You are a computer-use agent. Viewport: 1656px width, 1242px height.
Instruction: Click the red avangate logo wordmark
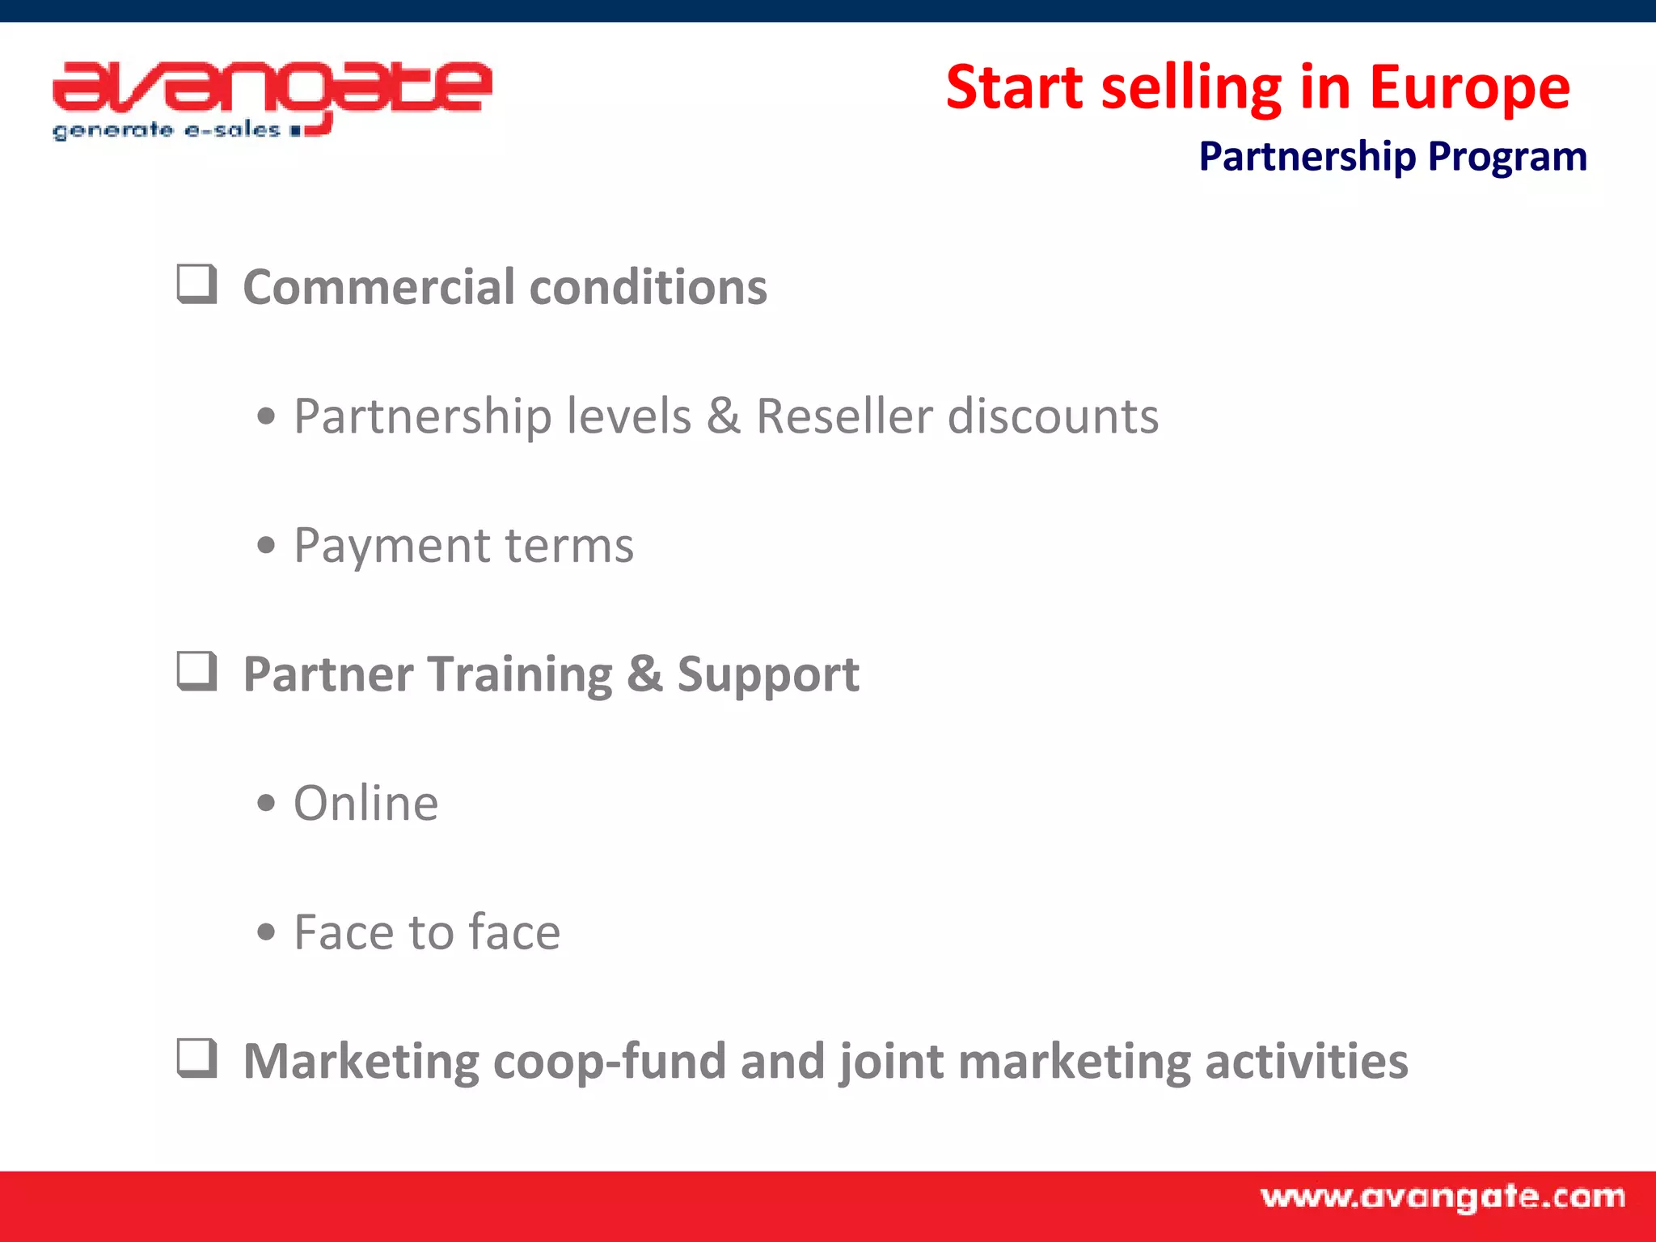coord(272,87)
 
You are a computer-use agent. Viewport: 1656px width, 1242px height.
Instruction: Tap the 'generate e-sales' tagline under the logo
coord(167,131)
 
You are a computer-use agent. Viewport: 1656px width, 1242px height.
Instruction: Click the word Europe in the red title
coord(1469,87)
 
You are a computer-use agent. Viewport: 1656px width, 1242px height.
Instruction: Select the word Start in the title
coord(1014,87)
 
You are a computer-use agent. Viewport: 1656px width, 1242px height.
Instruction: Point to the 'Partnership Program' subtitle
coord(1392,156)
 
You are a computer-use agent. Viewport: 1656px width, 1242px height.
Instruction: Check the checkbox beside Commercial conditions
coord(196,285)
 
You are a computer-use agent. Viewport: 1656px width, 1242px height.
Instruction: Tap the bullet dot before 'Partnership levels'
coord(266,417)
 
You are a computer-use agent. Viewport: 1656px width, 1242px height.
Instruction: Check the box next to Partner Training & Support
coord(196,672)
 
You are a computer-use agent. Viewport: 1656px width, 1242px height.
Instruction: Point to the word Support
coord(767,675)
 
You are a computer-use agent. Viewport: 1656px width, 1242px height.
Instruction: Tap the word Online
coord(365,803)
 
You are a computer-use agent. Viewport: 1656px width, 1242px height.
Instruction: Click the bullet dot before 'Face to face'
coord(266,933)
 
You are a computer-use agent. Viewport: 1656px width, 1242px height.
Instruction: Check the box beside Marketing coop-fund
coord(196,1058)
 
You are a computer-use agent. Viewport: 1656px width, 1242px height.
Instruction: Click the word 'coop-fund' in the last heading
coord(609,1062)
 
